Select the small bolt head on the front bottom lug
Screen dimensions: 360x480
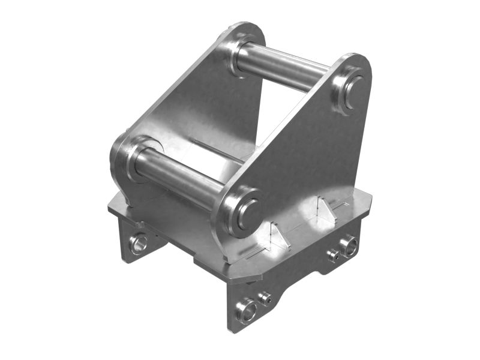click(x=264, y=296)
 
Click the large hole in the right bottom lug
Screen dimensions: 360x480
click(x=349, y=245)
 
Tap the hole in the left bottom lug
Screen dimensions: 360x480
click(x=139, y=243)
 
